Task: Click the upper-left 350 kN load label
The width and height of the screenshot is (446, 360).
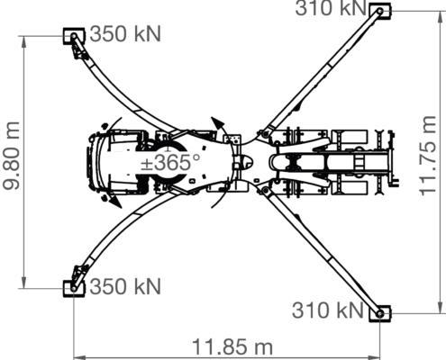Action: [125, 33]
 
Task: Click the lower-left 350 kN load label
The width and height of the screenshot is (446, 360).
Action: [125, 286]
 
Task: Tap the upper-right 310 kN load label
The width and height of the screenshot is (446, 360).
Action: [331, 8]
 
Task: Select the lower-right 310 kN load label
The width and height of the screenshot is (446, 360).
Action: [328, 310]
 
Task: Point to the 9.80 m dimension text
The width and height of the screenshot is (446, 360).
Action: [11, 156]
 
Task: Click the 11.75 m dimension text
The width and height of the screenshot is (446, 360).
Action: [427, 156]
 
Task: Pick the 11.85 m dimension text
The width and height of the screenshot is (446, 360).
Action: [232, 346]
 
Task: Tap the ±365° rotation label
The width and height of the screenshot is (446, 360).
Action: [170, 162]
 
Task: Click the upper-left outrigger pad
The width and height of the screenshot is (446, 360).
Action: [74, 36]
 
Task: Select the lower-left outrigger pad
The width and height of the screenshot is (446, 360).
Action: [74, 289]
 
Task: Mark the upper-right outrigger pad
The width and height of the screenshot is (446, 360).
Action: [380, 11]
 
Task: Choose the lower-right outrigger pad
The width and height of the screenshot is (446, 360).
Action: [380, 314]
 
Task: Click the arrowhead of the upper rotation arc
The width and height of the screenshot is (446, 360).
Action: [217, 123]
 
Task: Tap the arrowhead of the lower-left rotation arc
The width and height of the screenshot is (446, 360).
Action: [115, 202]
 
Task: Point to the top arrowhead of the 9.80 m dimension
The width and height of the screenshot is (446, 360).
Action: [23, 42]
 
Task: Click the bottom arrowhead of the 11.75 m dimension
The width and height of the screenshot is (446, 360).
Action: [441, 308]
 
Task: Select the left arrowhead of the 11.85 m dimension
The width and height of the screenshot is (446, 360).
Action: [80, 357]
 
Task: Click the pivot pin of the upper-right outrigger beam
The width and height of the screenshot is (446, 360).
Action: [265, 134]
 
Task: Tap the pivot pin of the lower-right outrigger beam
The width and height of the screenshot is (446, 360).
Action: [265, 191]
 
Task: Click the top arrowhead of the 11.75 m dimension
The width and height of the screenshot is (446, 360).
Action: [441, 17]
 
